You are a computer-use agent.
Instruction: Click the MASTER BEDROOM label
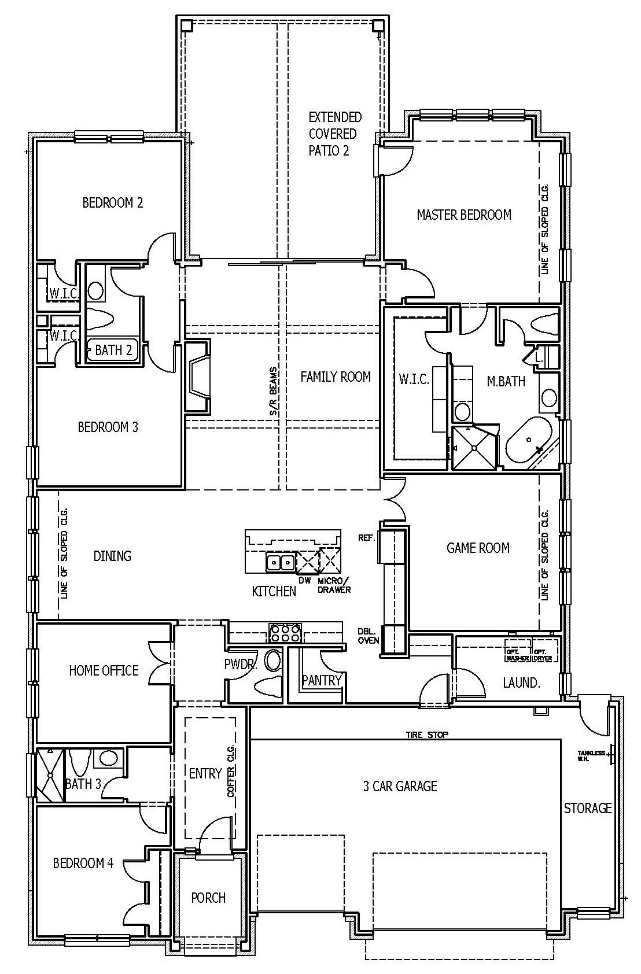pyautogui.click(x=464, y=215)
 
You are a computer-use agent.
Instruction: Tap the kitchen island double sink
pyautogui.click(x=281, y=561)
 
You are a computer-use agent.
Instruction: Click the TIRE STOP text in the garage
pyautogui.click(x=427, y=735)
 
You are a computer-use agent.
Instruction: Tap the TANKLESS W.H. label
pyautogui.click(x=591, y=755)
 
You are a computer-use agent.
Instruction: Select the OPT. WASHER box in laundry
pyautogui.click(x=518, y=650)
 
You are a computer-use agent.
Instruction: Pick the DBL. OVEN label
pyautogui.click(x=369, y=636)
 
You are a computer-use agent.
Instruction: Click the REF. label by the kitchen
pyautogui.click(x=366, y=537)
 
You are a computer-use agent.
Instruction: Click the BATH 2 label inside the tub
pyautogui.click(x=113, y=350)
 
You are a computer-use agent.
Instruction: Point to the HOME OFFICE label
pyautogui.click(x=104, y=670)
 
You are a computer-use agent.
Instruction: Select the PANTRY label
pyautogui.click(x=322, y=680)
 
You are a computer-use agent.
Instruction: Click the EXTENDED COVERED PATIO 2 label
pyautogui.click(x=334, y=134)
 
